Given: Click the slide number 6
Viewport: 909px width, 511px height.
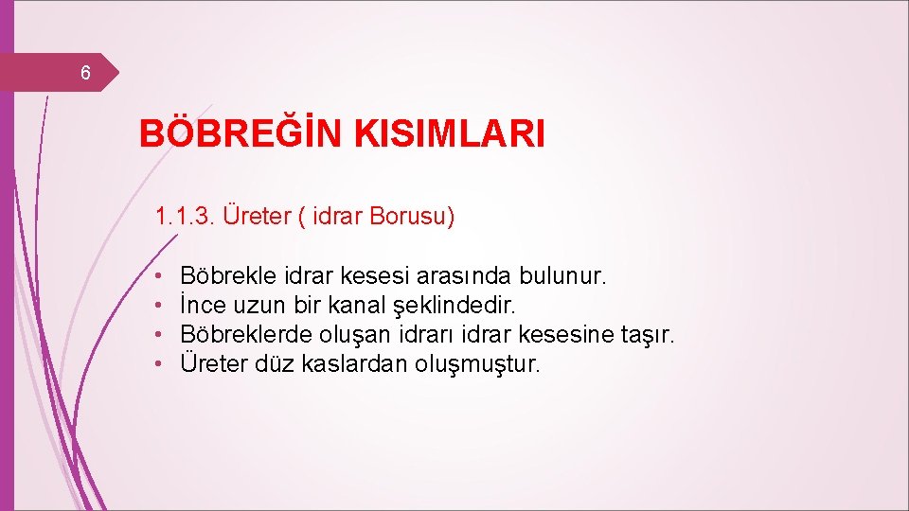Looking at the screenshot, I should click(85, 73).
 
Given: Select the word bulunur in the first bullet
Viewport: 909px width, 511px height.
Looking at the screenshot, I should click(562, 276).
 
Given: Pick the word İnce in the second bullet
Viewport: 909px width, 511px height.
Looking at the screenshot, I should click(201, 306).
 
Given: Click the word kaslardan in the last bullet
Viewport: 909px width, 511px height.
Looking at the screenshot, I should click(355, 363).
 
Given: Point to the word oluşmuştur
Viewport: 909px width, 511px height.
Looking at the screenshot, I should click(477, 363).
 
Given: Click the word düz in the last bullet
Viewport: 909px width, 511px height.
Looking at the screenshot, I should click(276, 363).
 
